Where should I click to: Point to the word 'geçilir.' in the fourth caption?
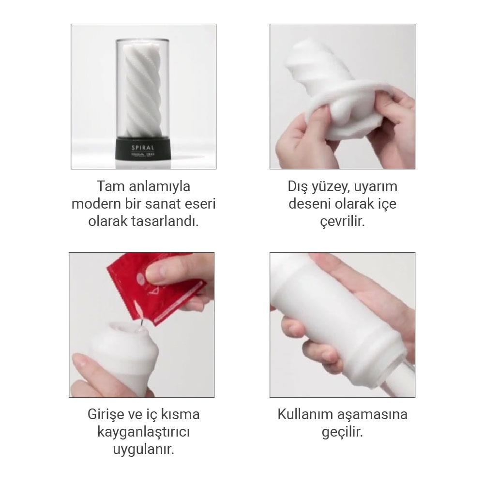(342, 432)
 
